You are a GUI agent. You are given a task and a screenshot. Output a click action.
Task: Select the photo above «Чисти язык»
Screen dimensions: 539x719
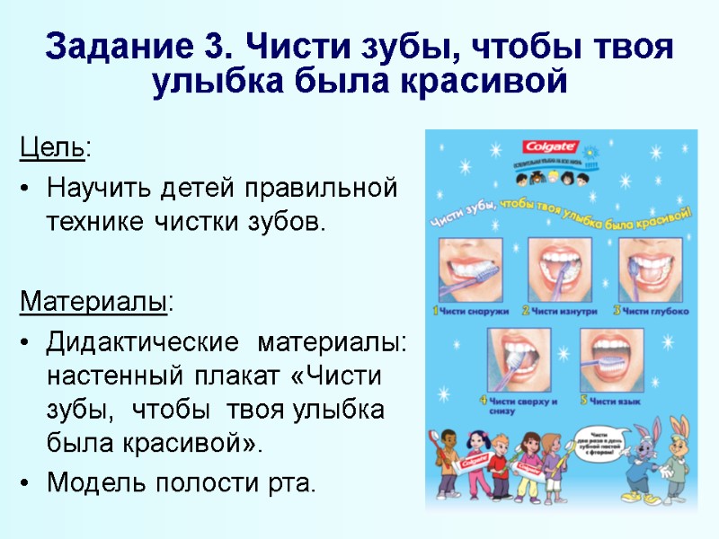pyautogui.click(x=614, y=358)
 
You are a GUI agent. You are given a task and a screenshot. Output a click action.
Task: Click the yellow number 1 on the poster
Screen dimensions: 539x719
pyautogui.click(x=436, y=311)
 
